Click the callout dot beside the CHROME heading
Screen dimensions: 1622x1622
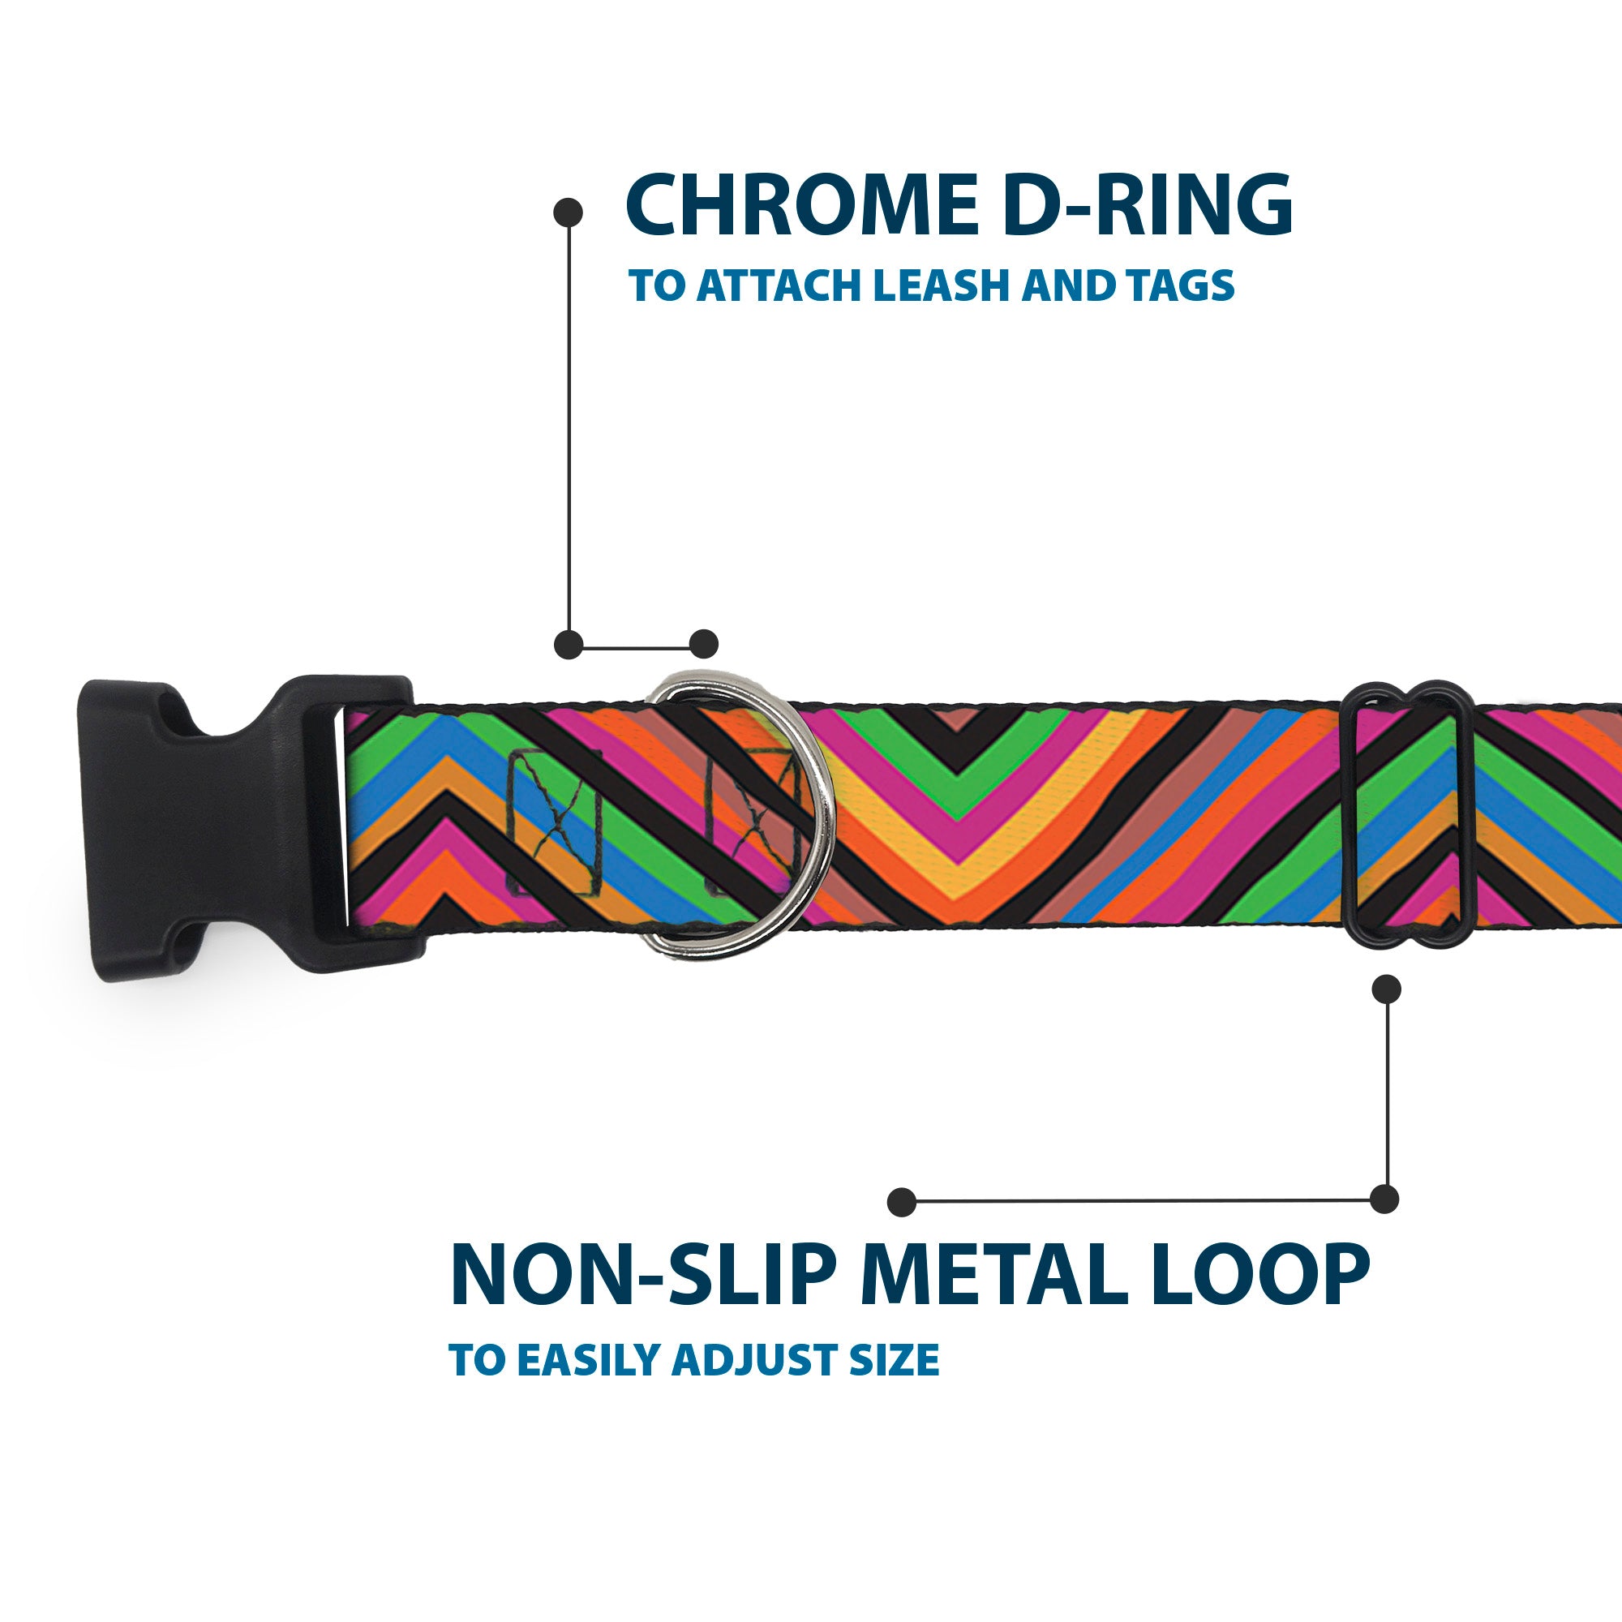click(569, 212)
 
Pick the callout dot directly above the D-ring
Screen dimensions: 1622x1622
click(703, 644)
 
